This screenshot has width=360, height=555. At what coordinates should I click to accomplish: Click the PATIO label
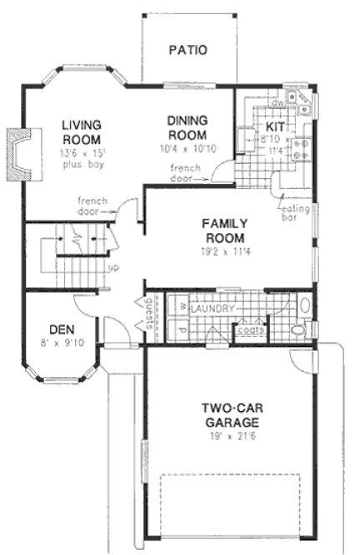tap(187, 49)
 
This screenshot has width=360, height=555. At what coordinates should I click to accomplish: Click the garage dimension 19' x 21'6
tap(222, 436)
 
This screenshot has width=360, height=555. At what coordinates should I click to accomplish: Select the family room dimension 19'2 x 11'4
tap(222, 249)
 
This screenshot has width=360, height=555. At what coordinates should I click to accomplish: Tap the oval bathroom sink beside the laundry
tap(304, 305)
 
